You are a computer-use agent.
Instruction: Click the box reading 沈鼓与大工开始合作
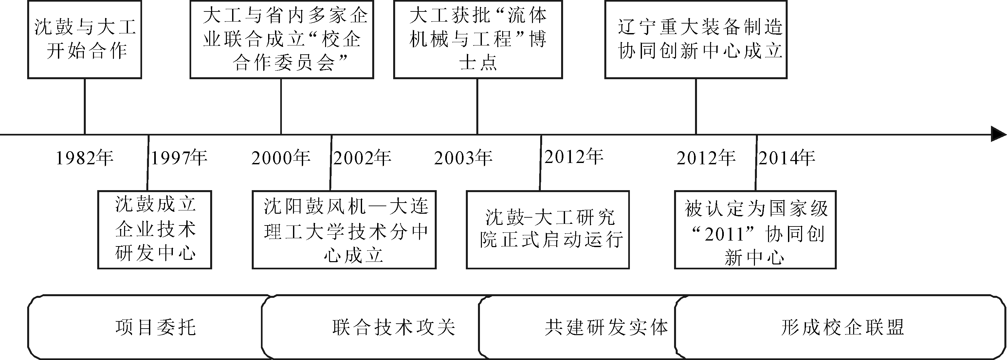pyautogui.click(x=84, y=40)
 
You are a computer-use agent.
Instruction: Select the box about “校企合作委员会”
pyautogui.click(x=282, y=40)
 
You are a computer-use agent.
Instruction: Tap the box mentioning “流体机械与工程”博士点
pyautogui.click(x=478, y=40)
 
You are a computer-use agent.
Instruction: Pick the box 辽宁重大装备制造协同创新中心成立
pyautogui.click(x=696, y=40)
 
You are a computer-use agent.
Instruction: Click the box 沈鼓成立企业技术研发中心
pyautogui.click(x=155, y=230)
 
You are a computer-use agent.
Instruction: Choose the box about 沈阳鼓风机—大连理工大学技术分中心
pyautogui.click(x=344, y=230)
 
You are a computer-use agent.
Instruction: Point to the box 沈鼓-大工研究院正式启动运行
pyautogui.click(x=548, y=230)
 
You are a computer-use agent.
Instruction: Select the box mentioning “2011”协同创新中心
pyautogui.click(x=755, y=230)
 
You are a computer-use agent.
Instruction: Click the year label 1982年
pyautogui.click(x=85, y=158)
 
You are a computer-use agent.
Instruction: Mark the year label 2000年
pyautogui.click(x=281, y=158)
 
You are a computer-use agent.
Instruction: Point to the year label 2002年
pyautogui.click(x=362, y=158)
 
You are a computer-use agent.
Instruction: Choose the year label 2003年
pyautogui.click(x=463, y=158)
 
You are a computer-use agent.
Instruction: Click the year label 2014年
pyautogui.click(x=787, y=158)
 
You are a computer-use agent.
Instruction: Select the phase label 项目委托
pyautogui.click(x=156, y=328)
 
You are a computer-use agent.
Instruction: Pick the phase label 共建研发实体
pyautogui.click(x=607, y=328)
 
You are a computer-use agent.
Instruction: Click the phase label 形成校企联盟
pyautogui.click(x=843, y=328)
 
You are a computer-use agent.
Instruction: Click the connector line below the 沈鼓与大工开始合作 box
pyautogui.click(x=85, y=107)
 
